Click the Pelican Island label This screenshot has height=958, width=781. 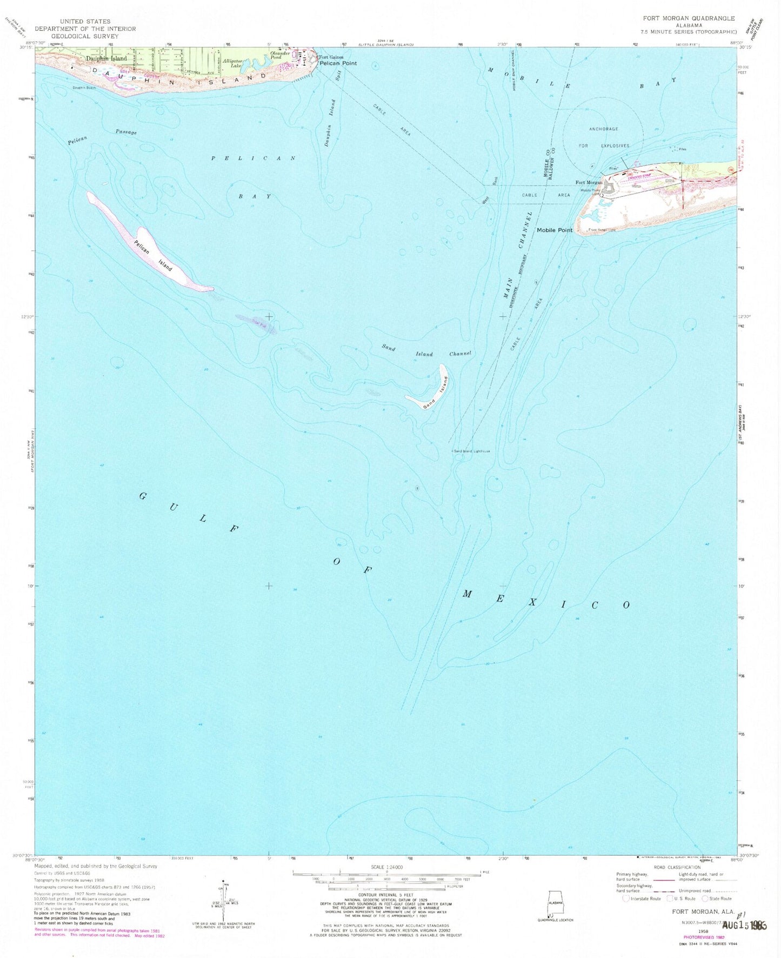pyautogui.click(x=153, y=255)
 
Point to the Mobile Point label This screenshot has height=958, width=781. pyautogui.click(x=554, y=230)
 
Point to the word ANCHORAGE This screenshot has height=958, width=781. pyautogui.click(x=603, y=129)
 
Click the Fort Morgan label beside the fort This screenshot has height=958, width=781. pyautogui.click(x=589, y=183)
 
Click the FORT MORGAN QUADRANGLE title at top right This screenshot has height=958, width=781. pyautogui.click(x=689, y=18)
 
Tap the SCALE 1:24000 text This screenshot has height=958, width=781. pyautogui.click(x=386, y=867)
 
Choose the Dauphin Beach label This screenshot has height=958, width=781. pyautogui.click(x=84, y=88)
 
